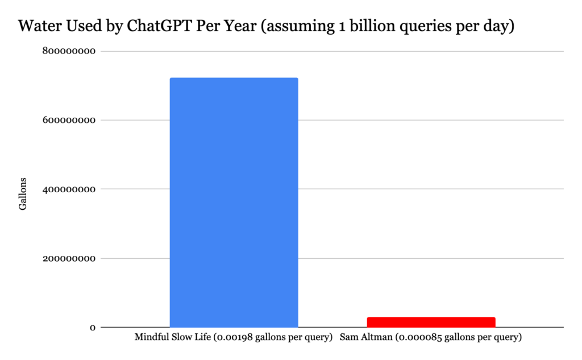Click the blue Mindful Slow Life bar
tap(234, 202)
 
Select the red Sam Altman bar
tap(431, 322)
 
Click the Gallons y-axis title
tap(23, 193)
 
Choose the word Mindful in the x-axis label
tap(152, 337)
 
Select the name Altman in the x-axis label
tap(376, 337)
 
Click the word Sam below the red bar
tap(349, 337)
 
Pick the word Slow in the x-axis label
tap(184, 337)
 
